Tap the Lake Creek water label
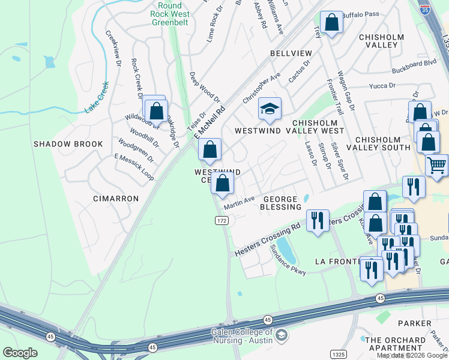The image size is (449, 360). pos(97,97)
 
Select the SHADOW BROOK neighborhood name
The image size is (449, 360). pos(68,144)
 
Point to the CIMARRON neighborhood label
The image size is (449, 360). pos(116,198)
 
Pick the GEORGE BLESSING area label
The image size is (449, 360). pos(280,203)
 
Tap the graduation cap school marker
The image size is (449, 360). pos(270,109)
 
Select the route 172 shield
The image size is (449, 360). pos(221,221)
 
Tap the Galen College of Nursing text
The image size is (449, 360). pos(243,336)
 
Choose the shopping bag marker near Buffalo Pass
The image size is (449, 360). pos(331,23)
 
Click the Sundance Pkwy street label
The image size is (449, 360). pos(288,261)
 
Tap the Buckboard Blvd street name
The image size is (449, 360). pos(414,62)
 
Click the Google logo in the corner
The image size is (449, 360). pos(20,353)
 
